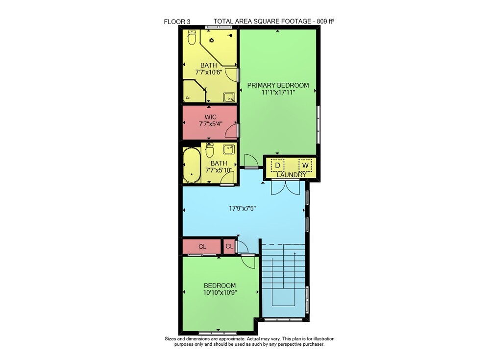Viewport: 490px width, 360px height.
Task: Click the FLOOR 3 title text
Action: coord(177,22)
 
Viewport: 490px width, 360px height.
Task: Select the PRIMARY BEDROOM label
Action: coord(278,85)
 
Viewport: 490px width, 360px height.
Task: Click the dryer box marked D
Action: coord(277,165)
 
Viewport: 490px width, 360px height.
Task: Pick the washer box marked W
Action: coord(305,165)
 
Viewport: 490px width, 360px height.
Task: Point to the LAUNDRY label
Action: coord(291,175)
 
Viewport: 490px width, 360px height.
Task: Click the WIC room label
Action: coord(211,117)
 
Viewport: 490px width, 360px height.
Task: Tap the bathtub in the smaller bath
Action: coord(192,165)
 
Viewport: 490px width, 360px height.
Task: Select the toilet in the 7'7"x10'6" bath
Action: coord(192,37)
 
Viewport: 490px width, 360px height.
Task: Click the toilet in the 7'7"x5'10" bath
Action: coord(209,150)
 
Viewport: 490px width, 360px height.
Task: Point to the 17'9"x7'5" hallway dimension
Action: coord(243,209)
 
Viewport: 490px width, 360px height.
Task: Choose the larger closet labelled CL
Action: coord(202,246)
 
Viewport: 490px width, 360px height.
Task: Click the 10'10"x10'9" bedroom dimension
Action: coord(220,293)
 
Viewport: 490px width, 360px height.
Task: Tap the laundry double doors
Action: coord(286,188)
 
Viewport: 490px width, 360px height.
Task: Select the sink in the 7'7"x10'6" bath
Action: coord(229,97)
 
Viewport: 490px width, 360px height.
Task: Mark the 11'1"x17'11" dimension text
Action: coord(278,92)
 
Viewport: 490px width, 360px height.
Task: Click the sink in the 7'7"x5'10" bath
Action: coord(229,149)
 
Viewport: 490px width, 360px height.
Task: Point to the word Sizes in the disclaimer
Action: coord(170,339)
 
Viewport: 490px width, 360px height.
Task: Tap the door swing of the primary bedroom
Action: coord(251,161)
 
